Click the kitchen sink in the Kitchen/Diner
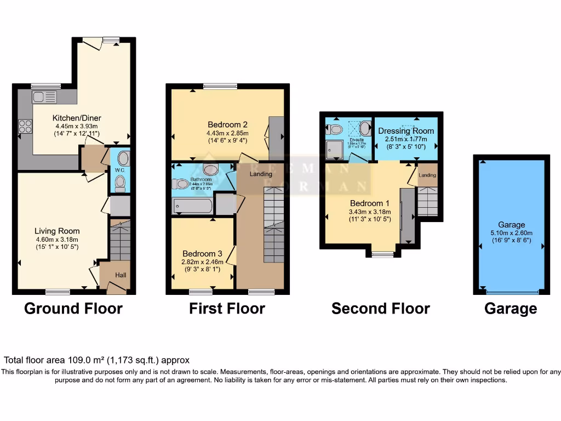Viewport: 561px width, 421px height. click(x=44, y=98)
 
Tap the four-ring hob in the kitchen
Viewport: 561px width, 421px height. click(x=25, y=126)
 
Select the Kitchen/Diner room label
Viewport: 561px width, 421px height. click(x=77, y=118)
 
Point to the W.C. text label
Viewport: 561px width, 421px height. click(x=120, y=169)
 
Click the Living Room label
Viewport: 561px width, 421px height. click(x=58, y=231)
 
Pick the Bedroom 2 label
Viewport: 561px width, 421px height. click(x=228, y=123)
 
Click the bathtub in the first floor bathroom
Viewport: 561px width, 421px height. click(x=193, y=206)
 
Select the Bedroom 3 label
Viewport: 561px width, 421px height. click(x=202, y=254)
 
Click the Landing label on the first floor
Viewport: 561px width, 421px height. click(x=261, y=174)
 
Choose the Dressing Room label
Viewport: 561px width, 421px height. click(x=406, y=131)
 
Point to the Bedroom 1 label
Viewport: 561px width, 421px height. click(x=370, y=203)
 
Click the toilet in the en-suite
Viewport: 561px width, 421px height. click(x=334, y=129)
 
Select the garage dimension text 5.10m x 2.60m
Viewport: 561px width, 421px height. click(x=512, y=232)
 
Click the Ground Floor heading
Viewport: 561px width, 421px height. click(x=73, y=309)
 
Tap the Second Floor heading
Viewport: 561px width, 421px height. click(x=380, y=309)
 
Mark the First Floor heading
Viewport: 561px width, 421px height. click(x=227, y=309)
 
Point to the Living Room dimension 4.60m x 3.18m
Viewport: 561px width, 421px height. click(x=58, y=239)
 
